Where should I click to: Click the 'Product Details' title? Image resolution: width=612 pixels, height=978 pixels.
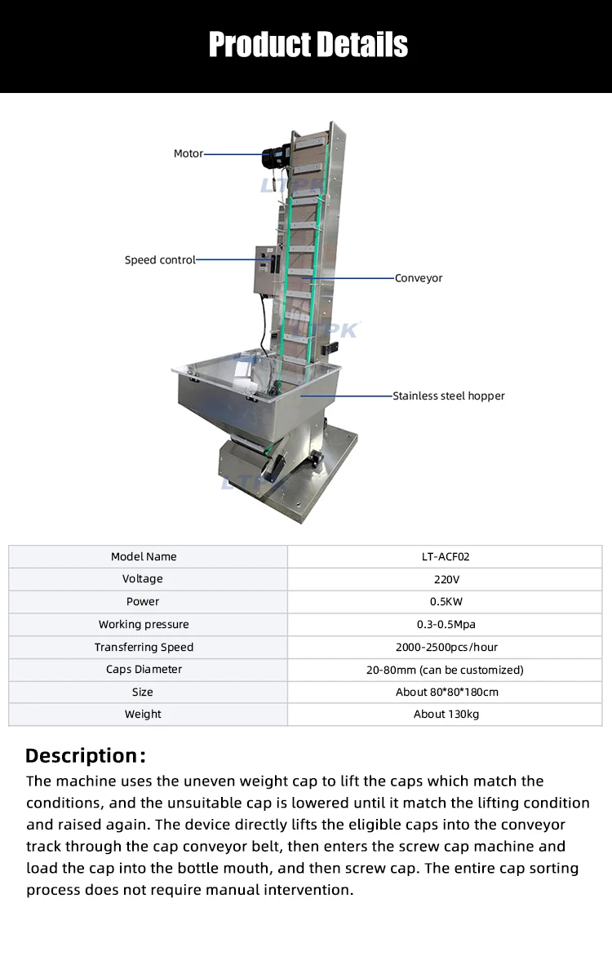tap(308, 44)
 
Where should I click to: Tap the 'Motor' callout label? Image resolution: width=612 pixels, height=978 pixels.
tap(188, 153)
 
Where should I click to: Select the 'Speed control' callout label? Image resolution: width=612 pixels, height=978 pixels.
tap(160, 260)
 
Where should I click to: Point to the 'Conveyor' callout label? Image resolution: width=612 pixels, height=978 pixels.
tap(419, 278)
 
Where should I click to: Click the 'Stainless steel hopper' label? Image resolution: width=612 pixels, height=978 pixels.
tap(449, 396)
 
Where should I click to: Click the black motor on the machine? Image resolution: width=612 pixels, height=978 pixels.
tap(275, 158)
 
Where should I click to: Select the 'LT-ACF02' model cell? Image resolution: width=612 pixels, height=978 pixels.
tap(445, 556)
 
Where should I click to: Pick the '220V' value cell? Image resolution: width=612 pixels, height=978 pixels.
tap(445, 579)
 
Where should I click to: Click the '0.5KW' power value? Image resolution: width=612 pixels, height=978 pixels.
tap(445, 602)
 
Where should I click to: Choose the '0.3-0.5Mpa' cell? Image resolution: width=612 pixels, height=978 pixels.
tap(445, 625)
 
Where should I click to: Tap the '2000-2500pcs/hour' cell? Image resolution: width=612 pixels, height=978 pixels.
tap(445, 647)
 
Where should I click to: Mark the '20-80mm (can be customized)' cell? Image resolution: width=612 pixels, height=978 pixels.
tap(445, 670)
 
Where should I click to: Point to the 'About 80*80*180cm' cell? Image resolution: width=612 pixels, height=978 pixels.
tap(445, 692)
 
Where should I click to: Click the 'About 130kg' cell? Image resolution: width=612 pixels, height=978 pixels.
tap(445, 714)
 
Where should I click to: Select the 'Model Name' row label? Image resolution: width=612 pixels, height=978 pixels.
tap(144, 556)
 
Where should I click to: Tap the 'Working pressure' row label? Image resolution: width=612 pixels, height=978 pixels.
tap(144, 625)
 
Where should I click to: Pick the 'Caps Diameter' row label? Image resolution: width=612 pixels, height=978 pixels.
tap(144, 670)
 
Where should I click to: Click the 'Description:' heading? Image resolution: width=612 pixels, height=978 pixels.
tap(86, 755)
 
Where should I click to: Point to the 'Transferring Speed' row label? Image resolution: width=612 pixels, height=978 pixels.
tap(144, 647)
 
